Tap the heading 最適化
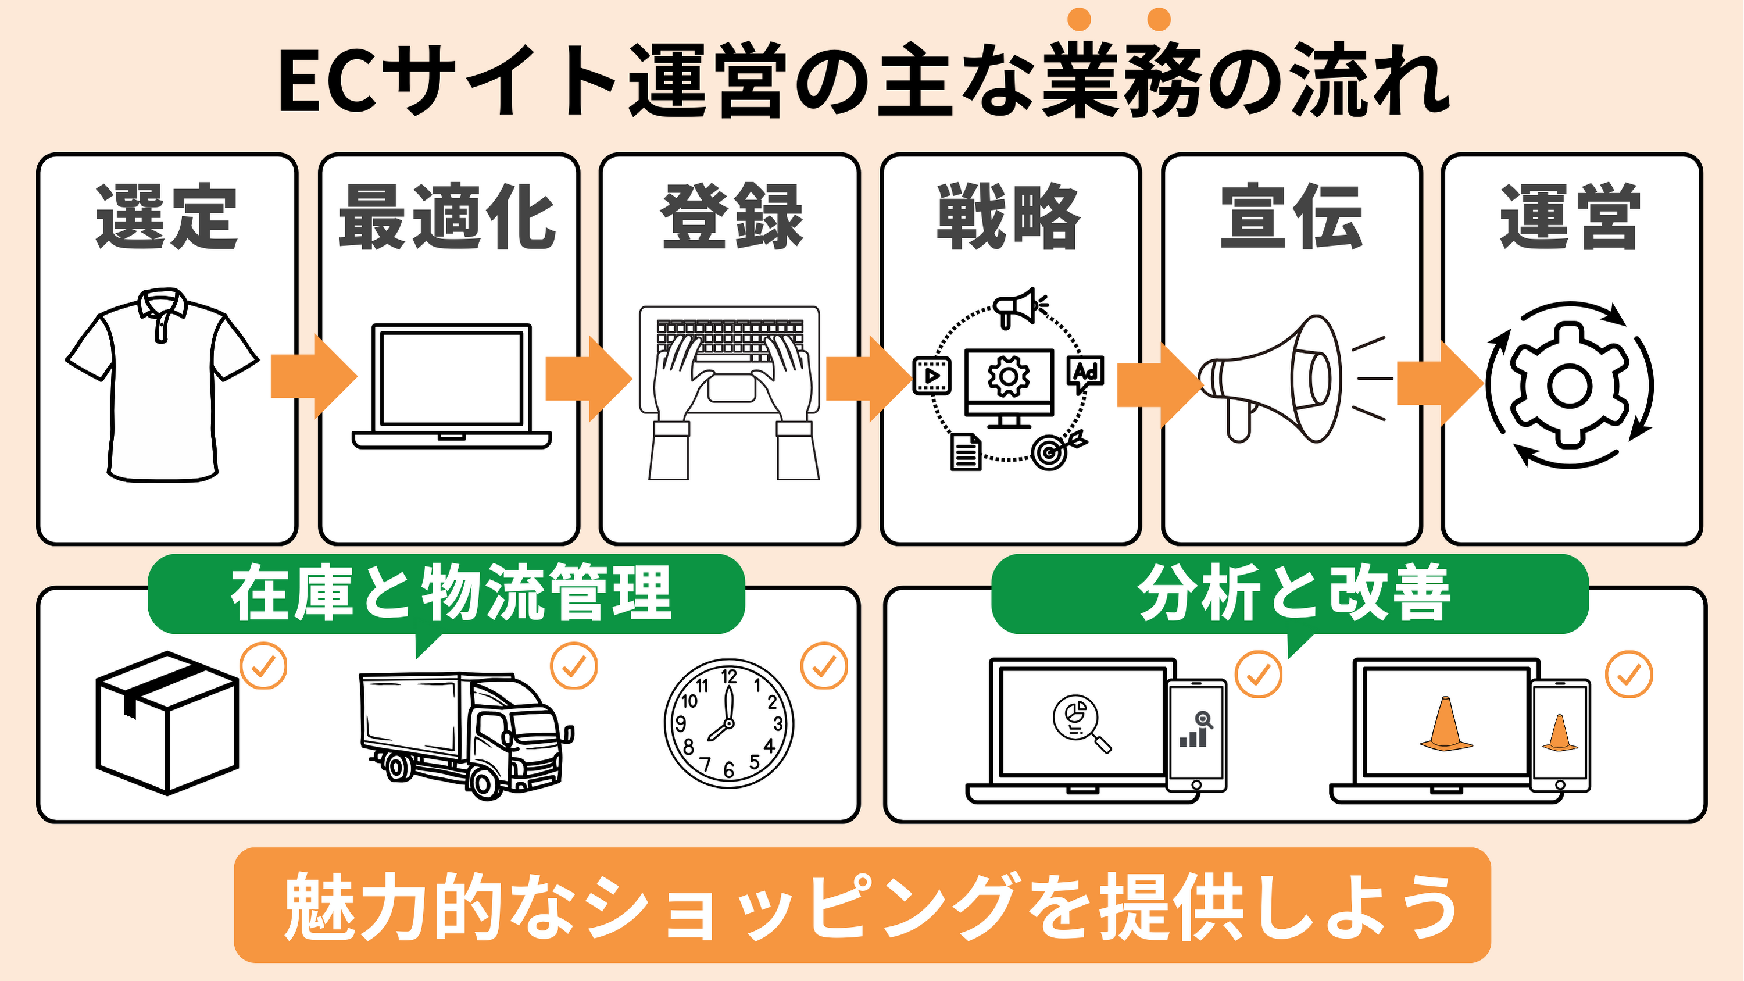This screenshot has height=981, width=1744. [448, 217]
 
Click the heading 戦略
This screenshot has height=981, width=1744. [1009, 217]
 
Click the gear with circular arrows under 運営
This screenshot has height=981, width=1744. [1570, 384]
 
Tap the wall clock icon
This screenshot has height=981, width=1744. [728, 723]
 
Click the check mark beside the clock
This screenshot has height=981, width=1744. [824, 666]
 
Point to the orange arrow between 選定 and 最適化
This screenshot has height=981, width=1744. [312, 376]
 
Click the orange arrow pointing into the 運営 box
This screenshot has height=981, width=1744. [1438, 383]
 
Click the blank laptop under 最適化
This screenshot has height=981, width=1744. [452, 386]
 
